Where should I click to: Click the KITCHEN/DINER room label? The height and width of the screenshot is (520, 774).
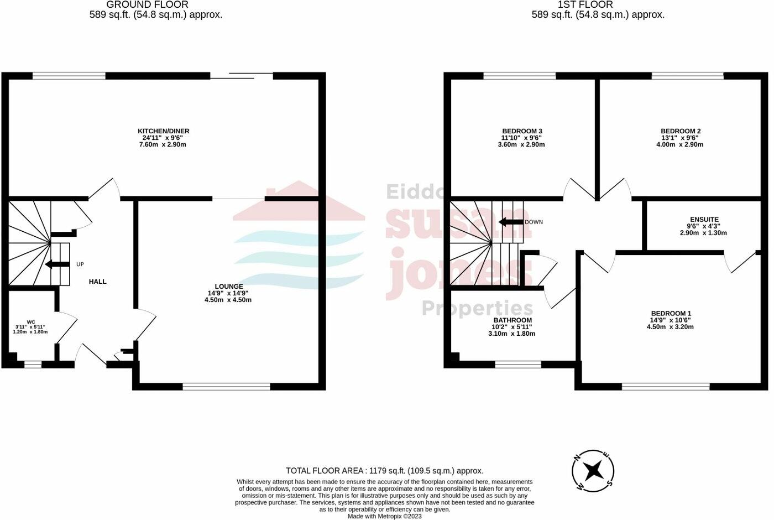pos(163,131)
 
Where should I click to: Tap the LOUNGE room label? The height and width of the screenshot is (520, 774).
pos(228,286)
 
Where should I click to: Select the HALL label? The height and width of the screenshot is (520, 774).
pos(98,282)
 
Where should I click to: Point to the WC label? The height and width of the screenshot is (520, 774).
pos(31,321)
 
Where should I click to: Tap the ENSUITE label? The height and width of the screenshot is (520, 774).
pos(704,219)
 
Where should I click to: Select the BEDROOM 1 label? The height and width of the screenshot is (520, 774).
pos(671,313)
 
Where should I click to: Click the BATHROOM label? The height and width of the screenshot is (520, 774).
pos(512,320)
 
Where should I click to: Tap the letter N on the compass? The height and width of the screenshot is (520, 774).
pos(577,457)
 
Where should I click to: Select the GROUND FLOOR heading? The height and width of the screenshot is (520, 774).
pos(147,4)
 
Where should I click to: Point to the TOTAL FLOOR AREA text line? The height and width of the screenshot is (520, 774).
pos(384,471)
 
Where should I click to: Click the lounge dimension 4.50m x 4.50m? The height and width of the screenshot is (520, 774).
pos(228,300)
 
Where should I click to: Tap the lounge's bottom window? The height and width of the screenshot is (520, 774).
pos(227,387)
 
